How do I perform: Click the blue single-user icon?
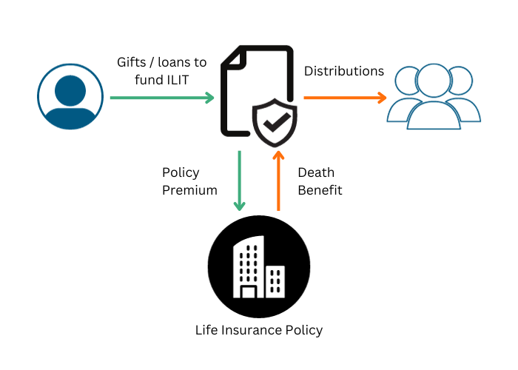(x=70, y=97)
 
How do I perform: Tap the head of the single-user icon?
(x=70, y=90)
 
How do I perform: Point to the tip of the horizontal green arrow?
(x=214, y=98)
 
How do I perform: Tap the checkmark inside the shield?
(x=275, y=122)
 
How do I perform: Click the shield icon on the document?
(x=275, y=121)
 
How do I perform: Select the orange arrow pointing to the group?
(x=345, y=98)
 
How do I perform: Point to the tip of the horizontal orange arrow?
(x=387, y=98)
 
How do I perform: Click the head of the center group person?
(x=434, y=79)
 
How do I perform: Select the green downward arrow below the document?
(x=239, y=181)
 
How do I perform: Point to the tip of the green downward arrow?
(x=239, y=211)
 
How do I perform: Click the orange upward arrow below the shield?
(x=278, y=181)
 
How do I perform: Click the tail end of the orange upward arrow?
(x=278, y=210)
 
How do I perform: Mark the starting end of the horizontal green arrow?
(x=110, y=98)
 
